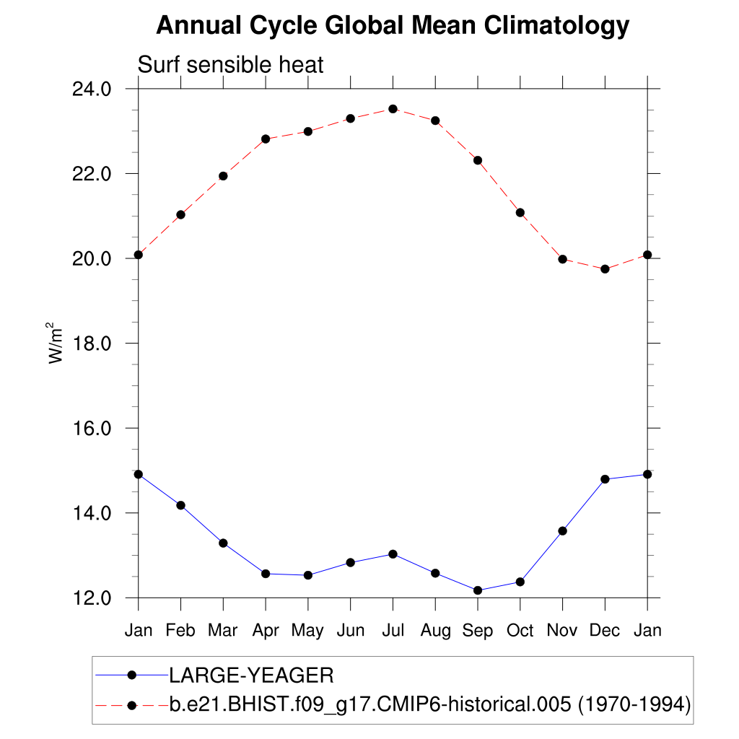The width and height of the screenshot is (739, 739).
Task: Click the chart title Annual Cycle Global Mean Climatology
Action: pyautogui.click(x=393, y=26)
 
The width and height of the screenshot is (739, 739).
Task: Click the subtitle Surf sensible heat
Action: pyautogui.click(x=231, y=65)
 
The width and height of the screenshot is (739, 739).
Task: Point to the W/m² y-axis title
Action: pyautogui.click(x=56, y=342)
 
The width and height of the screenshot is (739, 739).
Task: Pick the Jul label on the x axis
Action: pyautogui.click(x=393, y=630)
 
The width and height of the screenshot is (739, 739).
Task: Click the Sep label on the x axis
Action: pyautogui.click(x=478, y=630)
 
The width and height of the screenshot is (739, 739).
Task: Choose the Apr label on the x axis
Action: pyautogui.click(x=266, y=630)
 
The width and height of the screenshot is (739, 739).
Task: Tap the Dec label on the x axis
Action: pyautogui.click(x=605, y=630)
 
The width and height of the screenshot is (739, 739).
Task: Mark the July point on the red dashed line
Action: pyautogui.click(x=393, y=109)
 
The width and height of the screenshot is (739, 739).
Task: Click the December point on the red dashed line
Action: pyautogui.click(x=605, y=269)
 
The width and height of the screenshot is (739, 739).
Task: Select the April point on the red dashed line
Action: pyautogui.click(x=266, y=139)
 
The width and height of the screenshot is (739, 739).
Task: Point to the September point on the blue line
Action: pyautogui.click(x=478, y=590)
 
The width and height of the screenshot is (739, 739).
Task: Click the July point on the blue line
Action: pyautogui.click(x=393, y=554)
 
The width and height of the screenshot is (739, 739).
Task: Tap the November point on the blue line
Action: pyautogui.click(x=563, y=531)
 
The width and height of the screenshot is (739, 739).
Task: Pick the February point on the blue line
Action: pyautogui.click(x=180, y=505)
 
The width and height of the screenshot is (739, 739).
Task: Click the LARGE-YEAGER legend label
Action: pyautogui.click(x=251, y=675)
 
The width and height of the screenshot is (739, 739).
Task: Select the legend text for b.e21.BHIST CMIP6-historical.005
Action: pyautogui.click(x=430, y=704)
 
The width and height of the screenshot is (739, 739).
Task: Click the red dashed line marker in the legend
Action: pyautogui.click(x=131, y=704)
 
